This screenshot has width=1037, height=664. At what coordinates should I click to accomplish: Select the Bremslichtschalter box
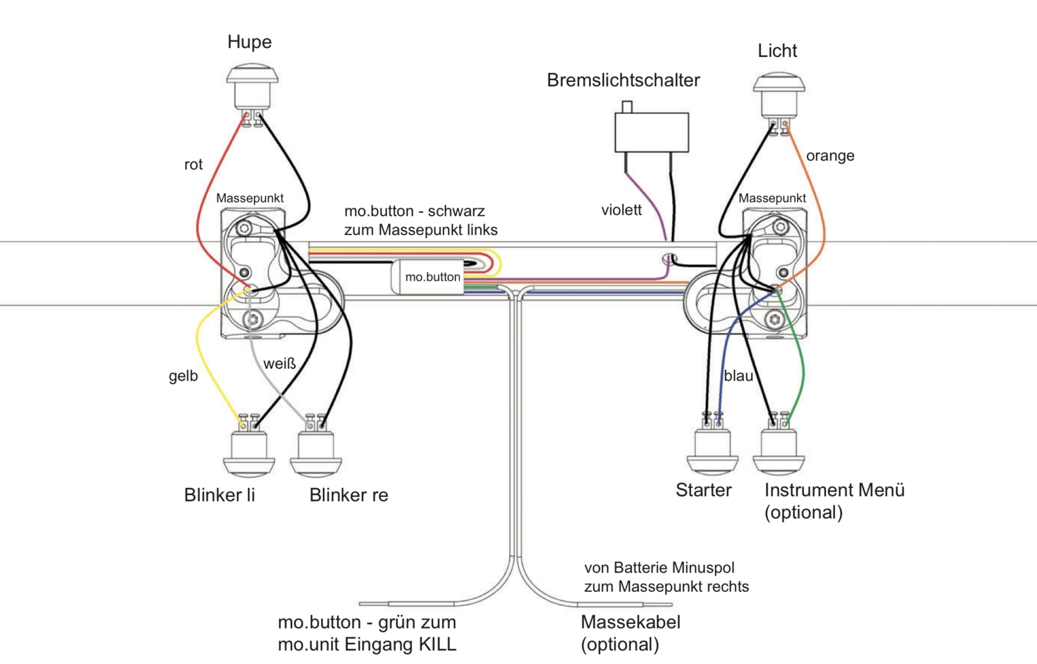[651, 132]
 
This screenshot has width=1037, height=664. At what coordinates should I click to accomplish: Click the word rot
[193, 165]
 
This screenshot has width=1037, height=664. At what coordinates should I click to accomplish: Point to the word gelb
[183, 376]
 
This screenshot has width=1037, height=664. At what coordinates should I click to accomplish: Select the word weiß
[279, 364]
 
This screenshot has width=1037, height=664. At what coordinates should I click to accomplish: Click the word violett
[621, 210]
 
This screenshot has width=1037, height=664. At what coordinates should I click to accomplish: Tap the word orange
[830, 156]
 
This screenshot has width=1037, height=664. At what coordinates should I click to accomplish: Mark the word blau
[738, 376]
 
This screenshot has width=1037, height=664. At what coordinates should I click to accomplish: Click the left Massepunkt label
[250, 198]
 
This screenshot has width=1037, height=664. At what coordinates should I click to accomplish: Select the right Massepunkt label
[772, 198]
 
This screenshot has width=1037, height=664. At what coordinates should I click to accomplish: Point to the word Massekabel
[630, 622]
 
